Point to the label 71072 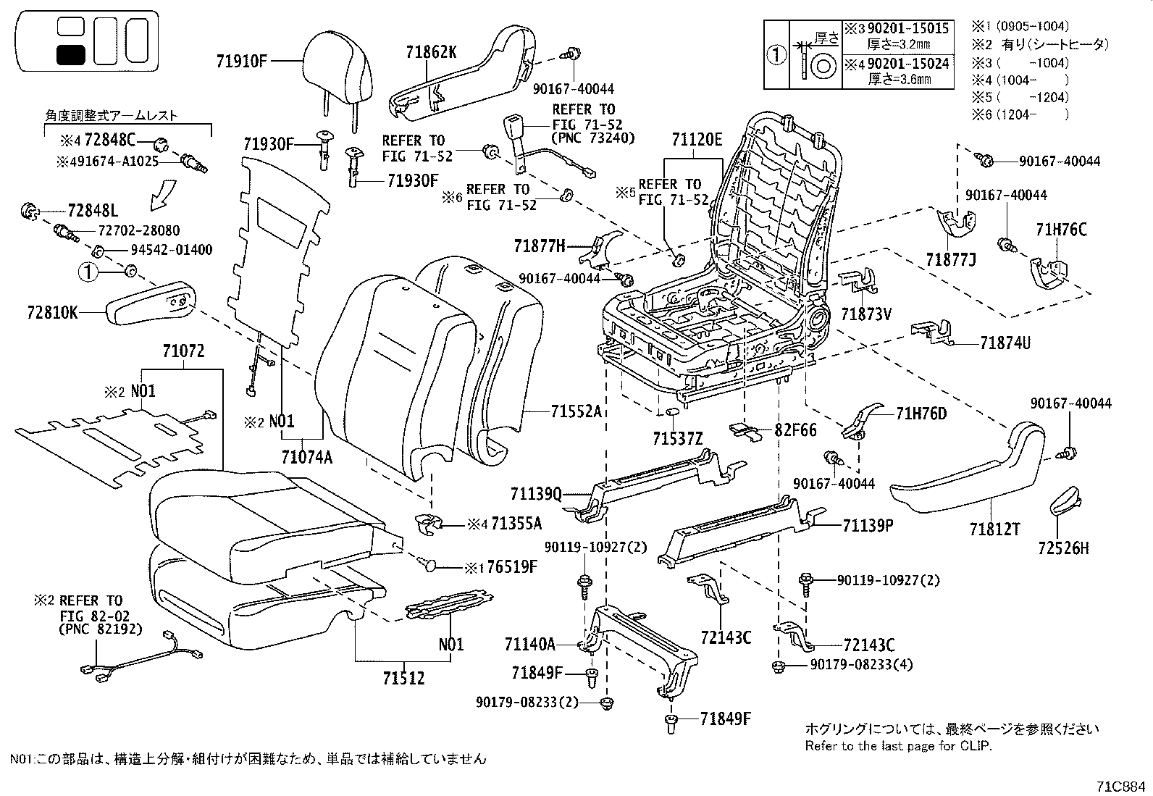(183, 352)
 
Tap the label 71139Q (536, 493)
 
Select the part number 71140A (530, 643)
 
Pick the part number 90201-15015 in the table (908, 28)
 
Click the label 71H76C (1062, 230)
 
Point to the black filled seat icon (71, 54)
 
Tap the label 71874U (1005, 343)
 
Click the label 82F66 (795, 430)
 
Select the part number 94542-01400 (172, 250)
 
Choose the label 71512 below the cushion (404, 679)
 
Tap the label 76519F (511, 566)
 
